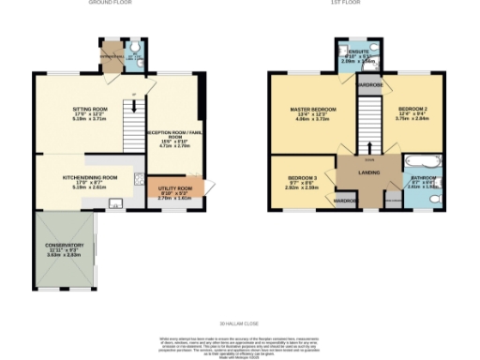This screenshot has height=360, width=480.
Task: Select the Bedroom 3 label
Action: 302,178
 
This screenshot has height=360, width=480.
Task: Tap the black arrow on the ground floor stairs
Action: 134,94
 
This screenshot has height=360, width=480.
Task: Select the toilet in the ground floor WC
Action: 135,51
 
